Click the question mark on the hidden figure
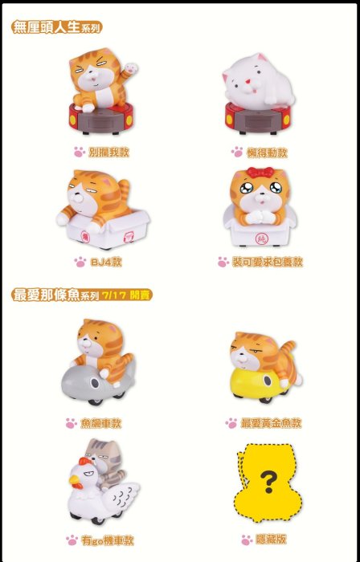tap(268, 482)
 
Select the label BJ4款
tap(106, 262)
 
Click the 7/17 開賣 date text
tap(125, 295)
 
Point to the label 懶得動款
tap(267, 153)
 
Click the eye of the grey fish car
tap(95, 384)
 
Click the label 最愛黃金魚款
tap(271, 423)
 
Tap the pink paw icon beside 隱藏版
tap(247, 540)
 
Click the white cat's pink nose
tap(247, 82)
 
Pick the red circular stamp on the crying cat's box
tap(260, 238)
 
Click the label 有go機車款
tap(107, 541)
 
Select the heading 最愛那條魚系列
tap(55, 295)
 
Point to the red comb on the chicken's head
tap(84, 462)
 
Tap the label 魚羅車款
tap(100, 423)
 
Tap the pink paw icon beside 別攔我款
tap(80, 152)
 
